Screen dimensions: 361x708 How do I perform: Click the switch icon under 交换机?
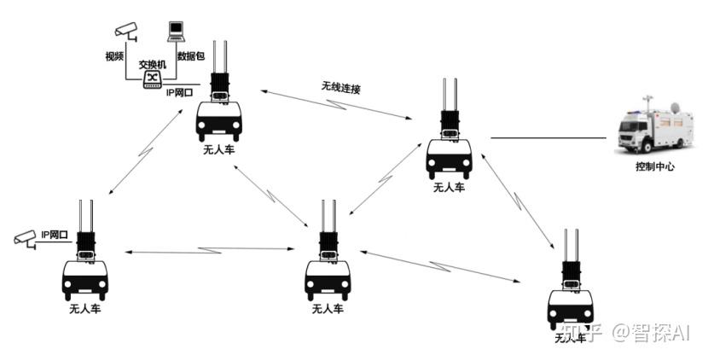point(152,79)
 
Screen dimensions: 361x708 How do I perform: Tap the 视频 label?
point(114,56)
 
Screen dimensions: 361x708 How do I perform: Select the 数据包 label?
point(190,56)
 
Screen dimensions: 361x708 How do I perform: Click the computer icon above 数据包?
point(176,31)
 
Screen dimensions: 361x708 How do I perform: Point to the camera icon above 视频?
point(128,29)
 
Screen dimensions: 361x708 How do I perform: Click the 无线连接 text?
point(340,87)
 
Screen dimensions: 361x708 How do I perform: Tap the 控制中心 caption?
point(654,166)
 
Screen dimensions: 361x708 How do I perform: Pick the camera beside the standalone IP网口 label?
point(26,238)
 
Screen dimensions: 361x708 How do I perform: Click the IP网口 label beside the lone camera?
point(55,233)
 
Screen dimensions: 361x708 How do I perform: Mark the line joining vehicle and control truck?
point(547,137)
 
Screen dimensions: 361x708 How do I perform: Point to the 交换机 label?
point(152,64)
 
